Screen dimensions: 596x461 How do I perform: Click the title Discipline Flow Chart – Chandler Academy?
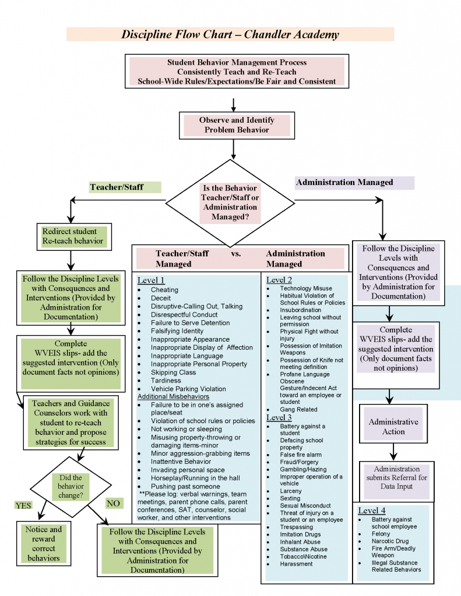click(x=230, y=34)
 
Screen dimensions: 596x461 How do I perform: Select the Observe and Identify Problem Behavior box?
click(x=237, y=125)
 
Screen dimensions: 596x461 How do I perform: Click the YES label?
click(x=23, y=505)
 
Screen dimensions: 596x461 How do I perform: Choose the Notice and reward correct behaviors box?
click(x=44, y=544)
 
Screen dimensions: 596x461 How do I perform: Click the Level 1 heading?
click(x=151, y=280)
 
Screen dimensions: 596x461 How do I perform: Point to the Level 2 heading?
click(x=279, y=280)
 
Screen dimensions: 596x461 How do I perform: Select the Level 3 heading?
click(x=279, y=417)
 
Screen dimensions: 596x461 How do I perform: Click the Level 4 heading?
click(x=372, y=510)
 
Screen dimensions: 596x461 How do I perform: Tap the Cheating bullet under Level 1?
click(x=164, y=290)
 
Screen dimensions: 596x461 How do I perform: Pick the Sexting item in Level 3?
click(x=290, y=499)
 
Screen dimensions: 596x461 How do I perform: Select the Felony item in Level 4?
click(x=382, y=534)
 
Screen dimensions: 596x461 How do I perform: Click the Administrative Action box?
click(x=393, y=427)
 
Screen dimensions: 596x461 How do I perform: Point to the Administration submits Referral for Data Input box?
click(x=396, y=478)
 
